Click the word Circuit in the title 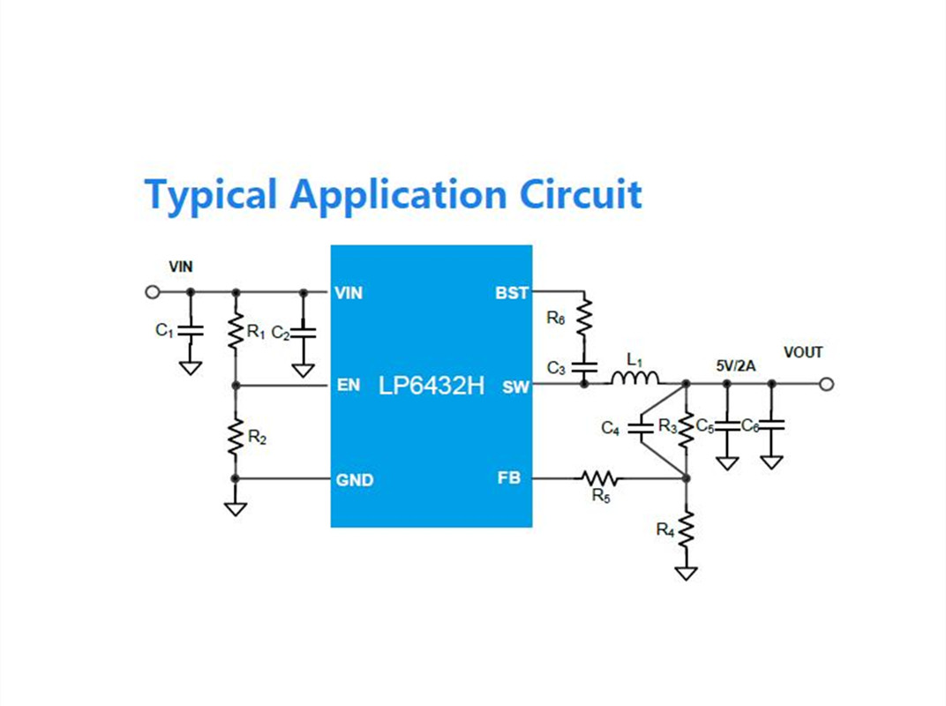[x=581, y=194]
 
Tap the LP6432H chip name [x=431, y=386]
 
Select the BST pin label [x=512, y=293]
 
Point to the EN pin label [x=348, y=385]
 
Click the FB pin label [x=508, y=478]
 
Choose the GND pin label [x=355, y=480]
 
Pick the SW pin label [x=515, y=387]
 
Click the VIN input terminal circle [x=153, y=292]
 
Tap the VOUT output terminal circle [x=827, y=384]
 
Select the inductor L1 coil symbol [x=635, y=379]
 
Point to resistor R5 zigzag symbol [x=599, y=478]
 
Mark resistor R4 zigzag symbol [x=686, y=529]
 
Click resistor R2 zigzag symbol [x=236, y=436]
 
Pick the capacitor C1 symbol [x=191, y=331]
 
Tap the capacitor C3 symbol [x=584, y=367]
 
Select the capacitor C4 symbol [x=641, y=428]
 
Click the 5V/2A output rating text [x=735, y=365]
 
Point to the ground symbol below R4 [x=686, y=574]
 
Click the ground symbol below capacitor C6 [x=771, y=462]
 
